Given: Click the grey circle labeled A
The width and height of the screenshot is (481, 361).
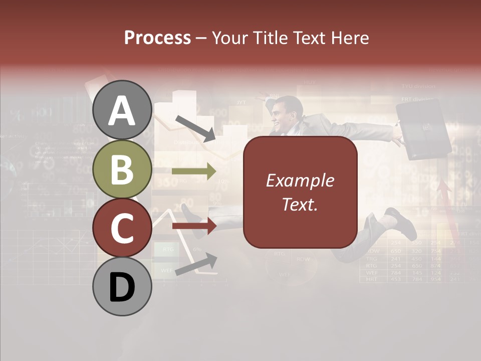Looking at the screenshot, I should tap(122, 110).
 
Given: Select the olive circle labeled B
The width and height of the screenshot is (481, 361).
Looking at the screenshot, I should tap(122, 169).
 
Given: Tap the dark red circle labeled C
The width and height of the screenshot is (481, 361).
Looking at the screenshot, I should tap(122, 228).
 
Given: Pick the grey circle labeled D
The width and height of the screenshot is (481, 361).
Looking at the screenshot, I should tap(122, 286).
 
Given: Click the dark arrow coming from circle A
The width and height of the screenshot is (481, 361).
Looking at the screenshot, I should tap(195, 127).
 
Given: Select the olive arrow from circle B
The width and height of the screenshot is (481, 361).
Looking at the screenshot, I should tap(194, 171).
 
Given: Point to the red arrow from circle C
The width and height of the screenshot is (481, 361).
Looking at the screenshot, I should tap(194, 226).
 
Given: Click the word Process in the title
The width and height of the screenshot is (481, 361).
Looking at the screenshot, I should tap(157, 38).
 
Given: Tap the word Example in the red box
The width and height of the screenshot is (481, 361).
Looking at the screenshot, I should tap(300, 180).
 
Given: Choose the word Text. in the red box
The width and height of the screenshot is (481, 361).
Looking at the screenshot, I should tap(300, 205).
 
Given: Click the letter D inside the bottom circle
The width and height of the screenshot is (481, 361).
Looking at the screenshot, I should tap(122, 287).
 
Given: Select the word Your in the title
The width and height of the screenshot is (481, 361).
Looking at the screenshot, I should tap(229, 38).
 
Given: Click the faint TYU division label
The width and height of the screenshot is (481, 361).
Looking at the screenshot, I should tap(418, 86).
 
